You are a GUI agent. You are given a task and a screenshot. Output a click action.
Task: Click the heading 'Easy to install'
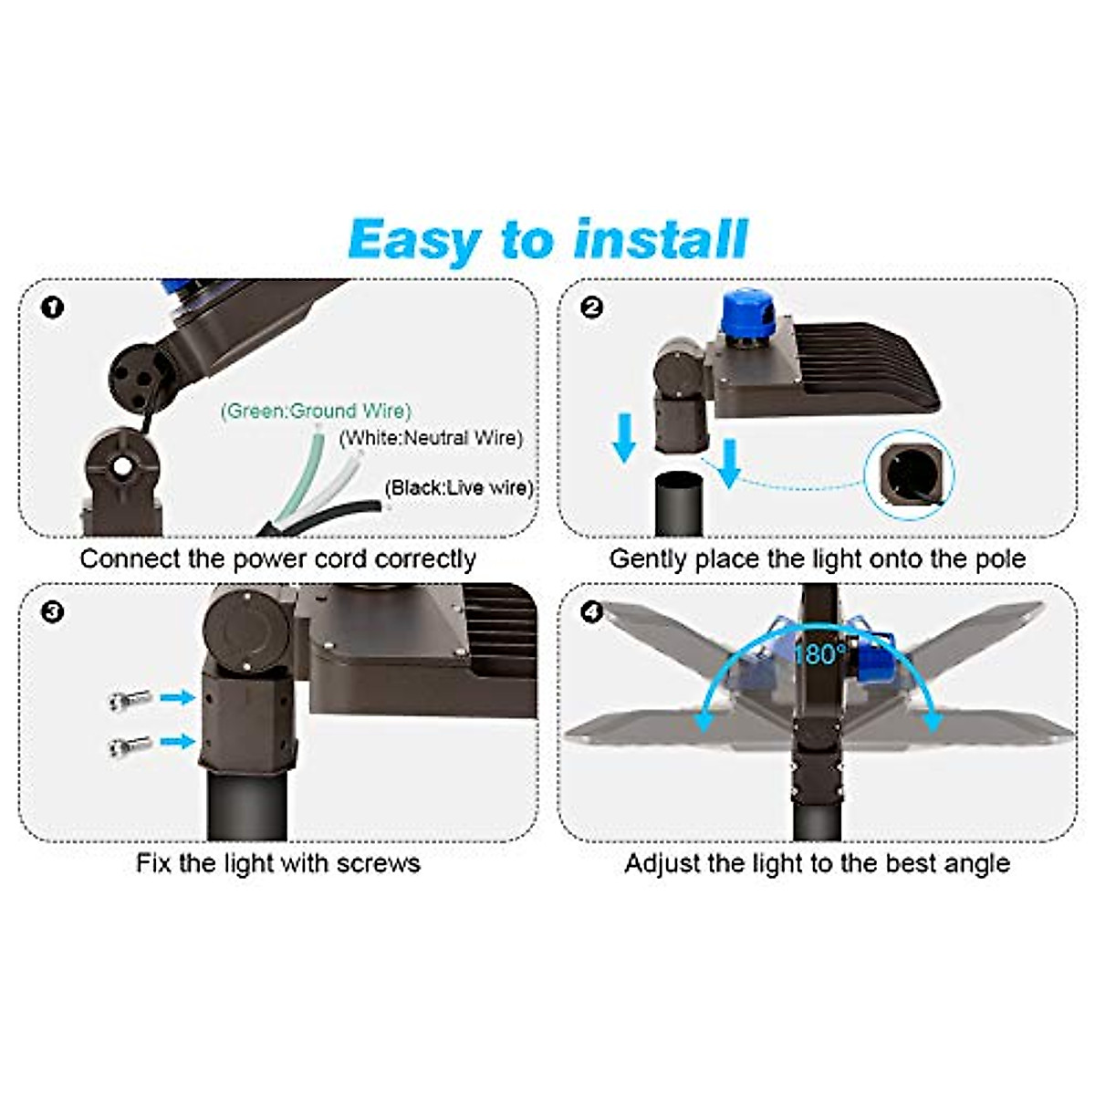[547, 240]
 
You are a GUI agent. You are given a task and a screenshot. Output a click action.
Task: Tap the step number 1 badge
[53, 308]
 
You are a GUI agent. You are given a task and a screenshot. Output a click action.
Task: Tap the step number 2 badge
[591, 308]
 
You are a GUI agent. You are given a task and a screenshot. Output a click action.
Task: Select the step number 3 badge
[53, 611]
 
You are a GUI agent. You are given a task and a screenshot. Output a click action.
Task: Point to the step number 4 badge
[591, 611]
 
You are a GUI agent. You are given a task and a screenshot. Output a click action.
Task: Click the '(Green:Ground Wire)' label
[316, 411]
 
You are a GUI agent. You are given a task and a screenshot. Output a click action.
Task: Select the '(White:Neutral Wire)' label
[431, 438]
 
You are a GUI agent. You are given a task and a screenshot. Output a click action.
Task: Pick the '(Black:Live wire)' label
[459, 487]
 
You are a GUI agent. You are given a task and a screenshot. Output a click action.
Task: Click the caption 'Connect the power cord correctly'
[278, 558]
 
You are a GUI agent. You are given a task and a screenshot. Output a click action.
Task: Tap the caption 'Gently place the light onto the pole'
[818, 558]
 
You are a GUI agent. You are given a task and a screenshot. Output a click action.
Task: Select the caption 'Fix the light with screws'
[278, 863]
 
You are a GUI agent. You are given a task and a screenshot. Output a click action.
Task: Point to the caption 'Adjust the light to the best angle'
[818, 863]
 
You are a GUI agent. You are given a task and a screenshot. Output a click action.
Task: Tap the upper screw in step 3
[129, 701]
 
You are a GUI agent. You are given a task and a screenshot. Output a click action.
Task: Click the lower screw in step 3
[129, 745]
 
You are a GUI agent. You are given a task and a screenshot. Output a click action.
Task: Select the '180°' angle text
[819, 654]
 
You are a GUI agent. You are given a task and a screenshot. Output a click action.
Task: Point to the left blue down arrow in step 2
[624, 436]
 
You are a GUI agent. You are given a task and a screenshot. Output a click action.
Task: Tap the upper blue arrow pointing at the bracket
[178, 698]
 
